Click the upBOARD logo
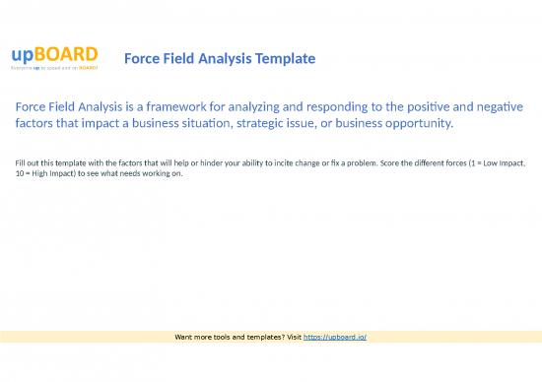(54, 53)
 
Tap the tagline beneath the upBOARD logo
(54, 69)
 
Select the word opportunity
(416, 125)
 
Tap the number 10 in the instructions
(22, 172)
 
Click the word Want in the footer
(183, 337)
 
